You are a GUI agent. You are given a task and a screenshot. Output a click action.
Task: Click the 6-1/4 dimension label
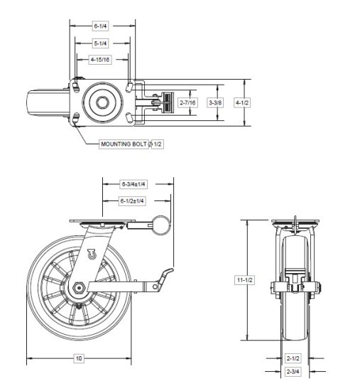(x=101, y=26)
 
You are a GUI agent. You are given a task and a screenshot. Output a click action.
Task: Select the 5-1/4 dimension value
(x=101, y=43)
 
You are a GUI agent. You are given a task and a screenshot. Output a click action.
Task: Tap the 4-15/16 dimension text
(x=101, y=59)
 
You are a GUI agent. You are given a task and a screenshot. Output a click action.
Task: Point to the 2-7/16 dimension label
(x=187, y=103)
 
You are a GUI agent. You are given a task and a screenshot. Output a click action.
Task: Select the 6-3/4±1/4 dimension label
(x=133, y=184)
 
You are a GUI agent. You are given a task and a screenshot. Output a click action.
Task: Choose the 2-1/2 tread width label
(x=293, y=358)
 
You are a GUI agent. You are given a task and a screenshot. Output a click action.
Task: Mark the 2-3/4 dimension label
(x=293, y=371)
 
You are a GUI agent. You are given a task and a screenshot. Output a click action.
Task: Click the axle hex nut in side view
(x=79, y=287)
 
